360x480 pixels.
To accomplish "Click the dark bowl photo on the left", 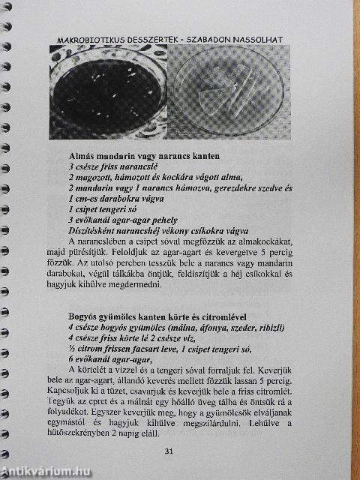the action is tap(106, 91).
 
